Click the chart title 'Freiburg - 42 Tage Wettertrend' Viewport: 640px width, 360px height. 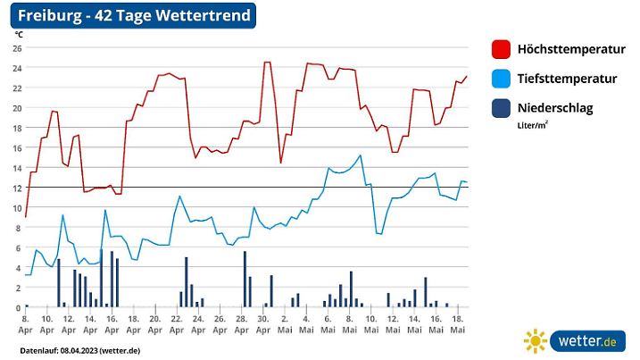click(135, 16)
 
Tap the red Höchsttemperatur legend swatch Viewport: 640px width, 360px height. click(501, 49)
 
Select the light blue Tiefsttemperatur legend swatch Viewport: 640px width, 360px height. click(501, 79)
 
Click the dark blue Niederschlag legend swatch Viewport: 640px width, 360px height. click(501, 108)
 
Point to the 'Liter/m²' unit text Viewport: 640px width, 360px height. click(533, 125)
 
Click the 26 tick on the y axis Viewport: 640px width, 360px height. click(17, 47)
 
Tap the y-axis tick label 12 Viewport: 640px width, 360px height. click(17, 188)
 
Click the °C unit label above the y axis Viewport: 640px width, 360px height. click(18, 34)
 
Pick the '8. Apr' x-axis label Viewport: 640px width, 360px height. click(25, 323)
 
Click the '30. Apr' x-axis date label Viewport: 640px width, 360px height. click(262, 323)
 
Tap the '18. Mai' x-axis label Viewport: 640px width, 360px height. click(458, 323)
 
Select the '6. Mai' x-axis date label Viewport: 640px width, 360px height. click(328, 323)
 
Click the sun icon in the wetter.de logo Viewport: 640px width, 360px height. click(536, 341)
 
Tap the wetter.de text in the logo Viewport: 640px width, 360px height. click(586, 341)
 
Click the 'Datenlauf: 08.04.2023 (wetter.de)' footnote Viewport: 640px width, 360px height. click(79, 349)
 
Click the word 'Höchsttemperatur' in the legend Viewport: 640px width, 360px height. click(571, 49)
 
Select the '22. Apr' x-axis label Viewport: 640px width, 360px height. click(177, 323)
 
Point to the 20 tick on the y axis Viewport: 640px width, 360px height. click(17, 108)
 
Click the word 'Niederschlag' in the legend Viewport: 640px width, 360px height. click(555, 108)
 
